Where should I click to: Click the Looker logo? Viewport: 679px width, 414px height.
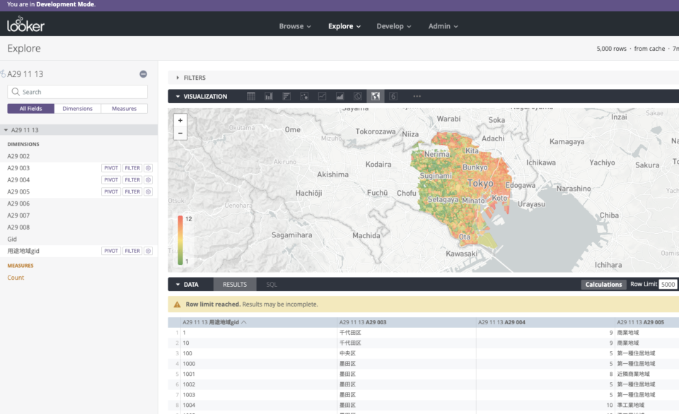coord(25,25)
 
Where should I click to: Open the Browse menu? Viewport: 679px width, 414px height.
coord(295,26)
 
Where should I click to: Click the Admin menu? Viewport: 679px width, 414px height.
coord(443,26)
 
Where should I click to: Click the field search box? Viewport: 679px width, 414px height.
coord(78,92)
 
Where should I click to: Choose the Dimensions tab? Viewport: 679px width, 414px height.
coord(77,109)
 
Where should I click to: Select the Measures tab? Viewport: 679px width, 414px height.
coord(124,109)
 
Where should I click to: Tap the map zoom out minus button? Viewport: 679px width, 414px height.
coord(180,133)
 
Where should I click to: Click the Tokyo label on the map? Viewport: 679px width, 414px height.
coord(480,184)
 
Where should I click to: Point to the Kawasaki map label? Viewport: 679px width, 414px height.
coord(461,253)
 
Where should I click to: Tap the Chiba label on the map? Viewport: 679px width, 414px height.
coord(609,215)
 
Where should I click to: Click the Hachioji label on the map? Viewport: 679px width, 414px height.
coord(308,193)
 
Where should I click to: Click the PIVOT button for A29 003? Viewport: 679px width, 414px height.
coord(111,168)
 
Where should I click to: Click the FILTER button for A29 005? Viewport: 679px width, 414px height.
coord(132,191)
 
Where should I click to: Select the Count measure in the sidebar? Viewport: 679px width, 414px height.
coord(16,278)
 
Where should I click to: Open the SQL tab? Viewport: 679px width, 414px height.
coord(272,285)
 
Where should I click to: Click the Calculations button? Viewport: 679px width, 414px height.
coord(603,285)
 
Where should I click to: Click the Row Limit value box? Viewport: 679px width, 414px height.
coord(667,285)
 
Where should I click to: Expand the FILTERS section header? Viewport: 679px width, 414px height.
coord(194,78)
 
